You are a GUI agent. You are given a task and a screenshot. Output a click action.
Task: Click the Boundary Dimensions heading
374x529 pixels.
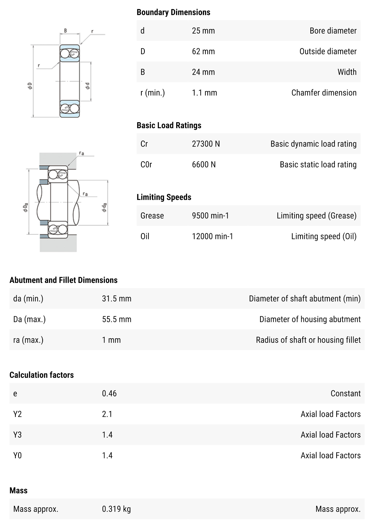173,12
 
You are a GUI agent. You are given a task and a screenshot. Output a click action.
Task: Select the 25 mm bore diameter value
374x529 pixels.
203,31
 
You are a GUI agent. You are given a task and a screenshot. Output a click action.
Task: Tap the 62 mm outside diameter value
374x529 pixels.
203,51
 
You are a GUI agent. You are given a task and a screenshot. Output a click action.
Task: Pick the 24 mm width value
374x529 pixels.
203,72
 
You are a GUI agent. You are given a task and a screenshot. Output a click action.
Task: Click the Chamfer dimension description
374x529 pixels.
324,93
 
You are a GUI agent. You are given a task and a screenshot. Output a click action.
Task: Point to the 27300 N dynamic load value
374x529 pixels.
206,144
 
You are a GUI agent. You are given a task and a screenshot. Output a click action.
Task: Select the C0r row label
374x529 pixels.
146,164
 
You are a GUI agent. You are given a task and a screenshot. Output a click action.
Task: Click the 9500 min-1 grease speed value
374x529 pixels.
210,215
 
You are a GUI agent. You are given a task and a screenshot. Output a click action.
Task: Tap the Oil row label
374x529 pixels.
145,236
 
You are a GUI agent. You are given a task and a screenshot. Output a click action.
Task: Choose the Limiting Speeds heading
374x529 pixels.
164,197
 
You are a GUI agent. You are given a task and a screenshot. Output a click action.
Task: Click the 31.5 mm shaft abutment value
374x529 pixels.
116,298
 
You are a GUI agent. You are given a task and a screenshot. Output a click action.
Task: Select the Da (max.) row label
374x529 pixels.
29,319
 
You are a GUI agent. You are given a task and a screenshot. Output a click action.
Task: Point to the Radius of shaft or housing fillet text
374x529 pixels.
308,340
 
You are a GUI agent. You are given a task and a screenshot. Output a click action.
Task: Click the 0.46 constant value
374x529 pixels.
109,393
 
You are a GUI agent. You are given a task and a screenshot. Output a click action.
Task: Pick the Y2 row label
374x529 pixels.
17,414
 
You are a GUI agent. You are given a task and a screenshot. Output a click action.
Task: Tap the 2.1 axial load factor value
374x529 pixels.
107,414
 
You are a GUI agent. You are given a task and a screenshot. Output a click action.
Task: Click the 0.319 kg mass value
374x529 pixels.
116,509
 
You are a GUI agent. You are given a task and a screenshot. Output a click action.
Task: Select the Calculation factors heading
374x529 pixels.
41,375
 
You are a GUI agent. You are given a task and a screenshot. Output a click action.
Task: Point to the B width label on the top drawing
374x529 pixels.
65,31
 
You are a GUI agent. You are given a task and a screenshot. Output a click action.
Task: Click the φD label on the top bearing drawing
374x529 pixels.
30,86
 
